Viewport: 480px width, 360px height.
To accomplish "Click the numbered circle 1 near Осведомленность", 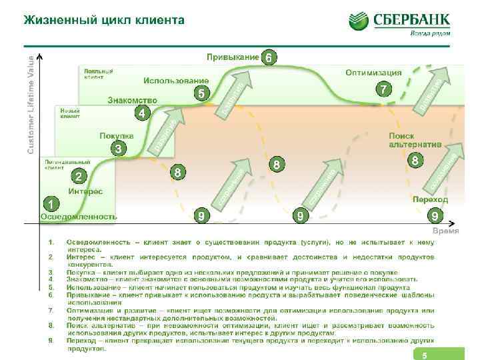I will tap(49, 202).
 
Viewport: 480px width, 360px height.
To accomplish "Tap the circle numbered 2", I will tap(79, 177).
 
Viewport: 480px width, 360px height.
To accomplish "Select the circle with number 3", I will tap(118, 148).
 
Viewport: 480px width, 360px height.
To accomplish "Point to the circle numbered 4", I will tap(141, 113).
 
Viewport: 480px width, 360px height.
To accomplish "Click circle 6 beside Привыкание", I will tap(268, 57).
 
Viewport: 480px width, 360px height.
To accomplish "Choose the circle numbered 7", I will tap(383, 89).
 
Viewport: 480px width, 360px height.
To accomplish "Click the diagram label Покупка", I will tap(117, 135).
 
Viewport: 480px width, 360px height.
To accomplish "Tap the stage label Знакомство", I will tap(132, 100).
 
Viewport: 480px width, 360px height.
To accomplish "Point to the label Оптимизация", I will tap(373, 72).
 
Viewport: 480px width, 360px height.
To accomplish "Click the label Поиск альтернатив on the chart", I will tap(415, 139).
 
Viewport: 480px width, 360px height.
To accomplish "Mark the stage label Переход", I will tap(429, 199).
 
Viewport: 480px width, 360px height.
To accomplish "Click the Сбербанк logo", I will tap(400, 23).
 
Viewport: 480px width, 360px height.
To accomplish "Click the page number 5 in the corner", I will tap(423, 355).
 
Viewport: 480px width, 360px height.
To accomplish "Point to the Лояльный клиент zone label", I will tap(98, 73).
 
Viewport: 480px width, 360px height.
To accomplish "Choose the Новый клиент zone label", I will tap(71, 113).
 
